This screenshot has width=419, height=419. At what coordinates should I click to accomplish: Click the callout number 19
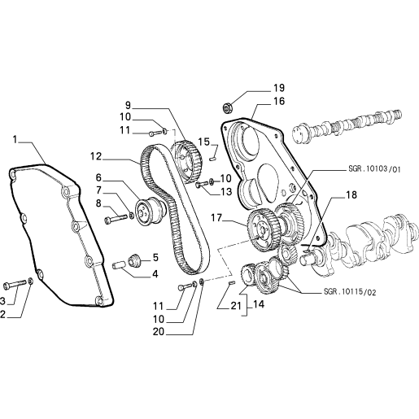(278, 88)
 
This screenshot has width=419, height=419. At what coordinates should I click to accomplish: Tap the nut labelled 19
(227, 107)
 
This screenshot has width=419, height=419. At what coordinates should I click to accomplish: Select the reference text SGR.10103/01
(374, 169)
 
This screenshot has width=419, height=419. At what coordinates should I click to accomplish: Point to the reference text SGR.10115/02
(350, 292)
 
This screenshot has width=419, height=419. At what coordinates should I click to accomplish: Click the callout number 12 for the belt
(96, 156)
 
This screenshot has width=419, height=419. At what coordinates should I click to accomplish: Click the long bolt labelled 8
(116, 219)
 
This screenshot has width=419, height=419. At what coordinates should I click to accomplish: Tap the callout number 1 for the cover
(15, 140)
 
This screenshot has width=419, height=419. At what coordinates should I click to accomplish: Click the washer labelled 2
(31, 282)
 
